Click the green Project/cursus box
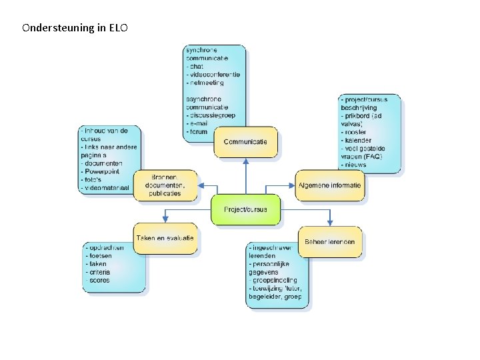pos(245,209)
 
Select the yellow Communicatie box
pos(245,142)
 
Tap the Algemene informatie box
pos(330,185)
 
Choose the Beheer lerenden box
pos(330,241)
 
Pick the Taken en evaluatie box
pos(165,238)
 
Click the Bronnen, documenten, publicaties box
pos(165,185)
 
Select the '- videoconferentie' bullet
pos(213,74)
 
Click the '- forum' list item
pos(197,131)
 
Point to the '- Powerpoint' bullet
pos(101,171)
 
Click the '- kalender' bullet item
pos(359,140)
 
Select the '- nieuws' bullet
pos(355,164)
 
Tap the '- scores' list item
pos(98,280)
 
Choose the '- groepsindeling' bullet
pos(273,280)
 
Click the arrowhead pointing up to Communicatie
pos(245,161)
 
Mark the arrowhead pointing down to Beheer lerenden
pos(330,223)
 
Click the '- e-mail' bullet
pos(198,123)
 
